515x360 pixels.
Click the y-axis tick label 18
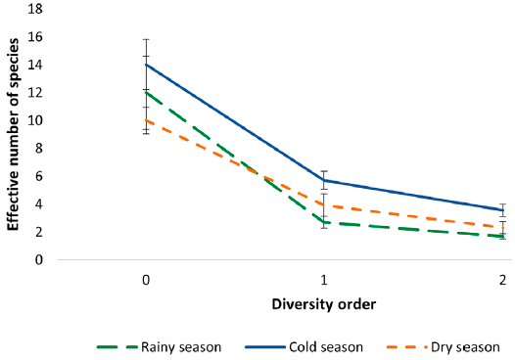click(x=36, y=10)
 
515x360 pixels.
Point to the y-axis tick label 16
click(x=36, y=37)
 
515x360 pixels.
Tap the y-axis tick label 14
click(x=36, y=65)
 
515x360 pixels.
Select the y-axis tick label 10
click(x=36, y=120)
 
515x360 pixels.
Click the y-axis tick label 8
click(x=40, y=149)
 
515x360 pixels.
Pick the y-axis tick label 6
click(x=40, y=176)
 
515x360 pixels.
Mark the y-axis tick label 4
click(x=40, y=204)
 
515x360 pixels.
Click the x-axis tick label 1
click(x=324, y=280)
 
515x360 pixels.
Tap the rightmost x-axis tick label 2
click(x=502, y=280)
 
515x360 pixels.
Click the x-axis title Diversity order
click(x=324, y=304)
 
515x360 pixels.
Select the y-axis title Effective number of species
click(x=14, y=135)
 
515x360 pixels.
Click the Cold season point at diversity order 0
click(x=146, y=65)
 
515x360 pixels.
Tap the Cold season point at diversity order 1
click(x=324, y=180)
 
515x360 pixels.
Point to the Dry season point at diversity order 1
click(x=324, y=204)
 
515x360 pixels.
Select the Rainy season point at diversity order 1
click(x=324, y=222)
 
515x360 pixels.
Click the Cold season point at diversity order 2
click(x=502, y=210)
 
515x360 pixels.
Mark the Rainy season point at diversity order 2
click(x=502, y=236)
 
